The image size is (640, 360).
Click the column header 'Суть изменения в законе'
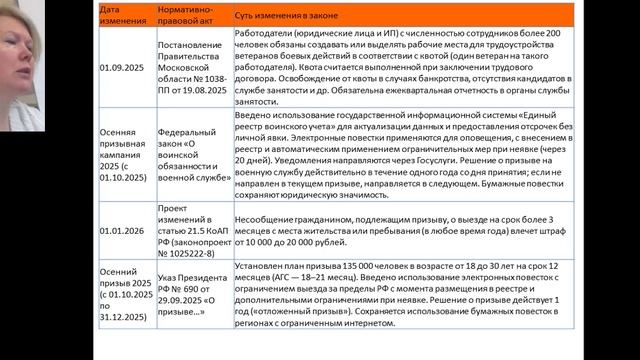290,18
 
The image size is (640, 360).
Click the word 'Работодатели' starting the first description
263,32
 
